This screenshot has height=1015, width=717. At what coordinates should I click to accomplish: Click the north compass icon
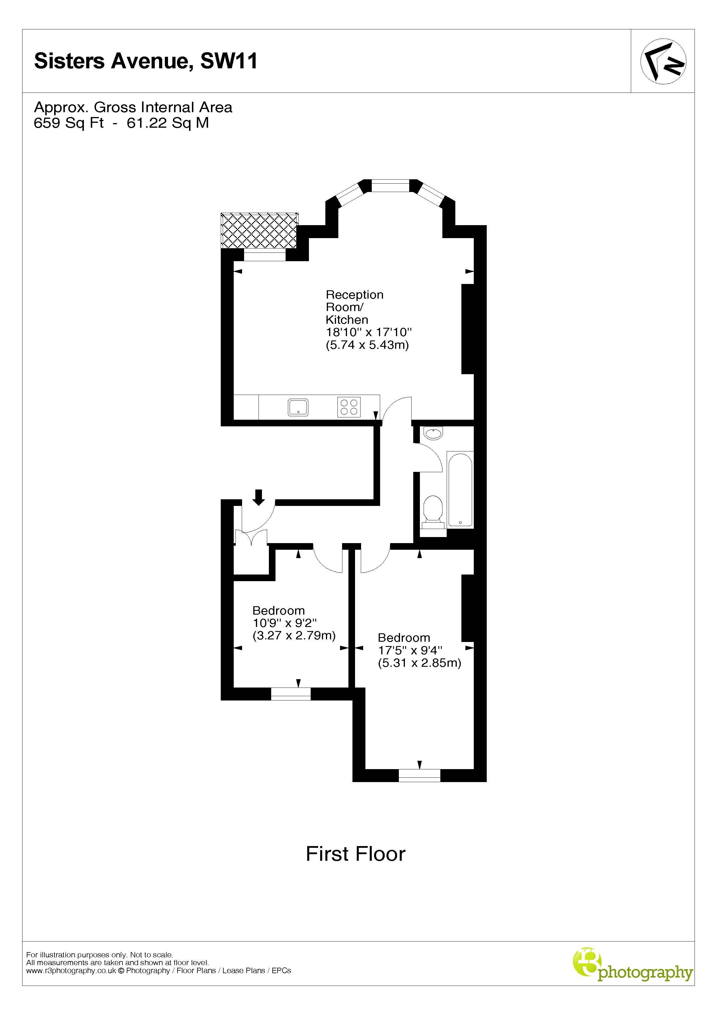tap(663, 61)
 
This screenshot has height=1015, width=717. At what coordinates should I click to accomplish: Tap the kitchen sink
tap(298, 407)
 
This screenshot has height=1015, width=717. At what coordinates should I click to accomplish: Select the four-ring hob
tap(349, 407)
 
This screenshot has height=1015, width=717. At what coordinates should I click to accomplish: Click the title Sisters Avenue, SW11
tap(146, 61)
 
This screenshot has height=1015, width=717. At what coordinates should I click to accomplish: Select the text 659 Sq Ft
tap(69, 123)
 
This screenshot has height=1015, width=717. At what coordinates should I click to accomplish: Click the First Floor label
tap(355, 854)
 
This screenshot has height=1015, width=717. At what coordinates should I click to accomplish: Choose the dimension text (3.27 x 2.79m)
tap(294, 636)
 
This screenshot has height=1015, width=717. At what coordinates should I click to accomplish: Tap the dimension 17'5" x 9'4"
tap(410, 650)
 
